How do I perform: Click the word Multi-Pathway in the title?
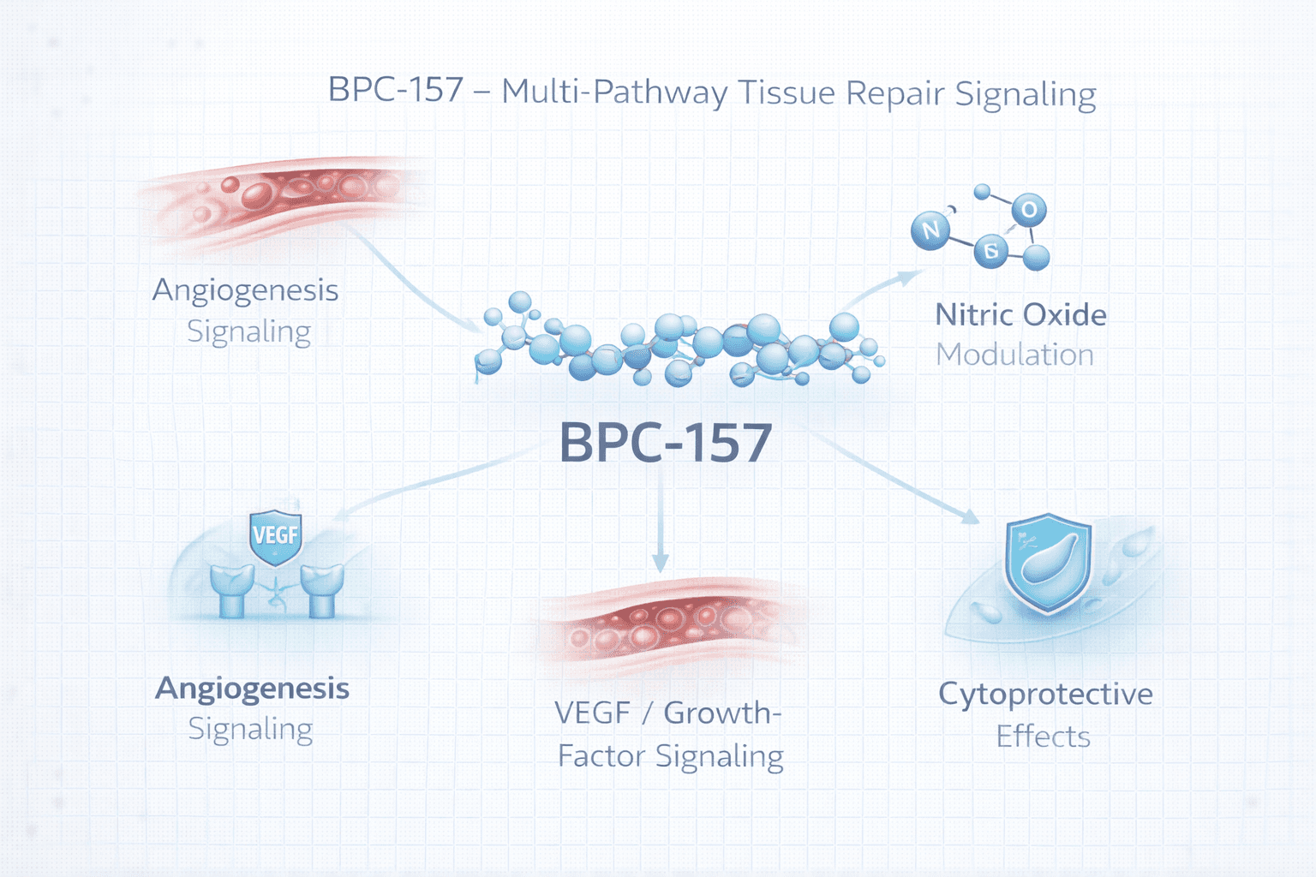click(614, 92)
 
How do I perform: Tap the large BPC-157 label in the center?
click(666, 443)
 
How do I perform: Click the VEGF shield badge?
click(275, 536)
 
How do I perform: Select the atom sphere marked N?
click(930, 230)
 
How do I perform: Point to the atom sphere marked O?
click(1029, 209)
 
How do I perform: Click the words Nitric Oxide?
click(1020, 315)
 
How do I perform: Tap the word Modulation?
click(1014, 355)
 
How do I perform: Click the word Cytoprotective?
click(1045, 694)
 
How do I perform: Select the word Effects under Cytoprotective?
click(1043, 737)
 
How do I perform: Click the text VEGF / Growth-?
click(667, 713)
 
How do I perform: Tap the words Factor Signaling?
click(670, 756)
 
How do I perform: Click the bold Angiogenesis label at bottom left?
click(252, 689)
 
